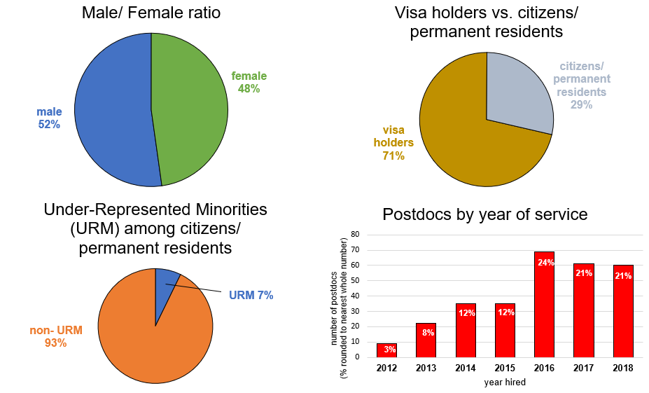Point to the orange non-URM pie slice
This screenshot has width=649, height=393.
pos(151,336)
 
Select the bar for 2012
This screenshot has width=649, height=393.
pos(386,350)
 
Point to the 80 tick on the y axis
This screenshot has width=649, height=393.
pos(355,235)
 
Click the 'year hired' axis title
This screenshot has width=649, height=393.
pos(503,382)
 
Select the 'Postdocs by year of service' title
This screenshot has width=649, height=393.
pos(484,214)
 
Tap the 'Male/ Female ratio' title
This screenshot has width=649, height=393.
pos(150,12)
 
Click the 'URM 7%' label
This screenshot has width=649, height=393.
pos(251,295)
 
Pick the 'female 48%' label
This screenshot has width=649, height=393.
pos(249,83)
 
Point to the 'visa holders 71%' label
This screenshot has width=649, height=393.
pos(393,143)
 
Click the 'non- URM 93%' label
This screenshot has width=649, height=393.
pos(55,336)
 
